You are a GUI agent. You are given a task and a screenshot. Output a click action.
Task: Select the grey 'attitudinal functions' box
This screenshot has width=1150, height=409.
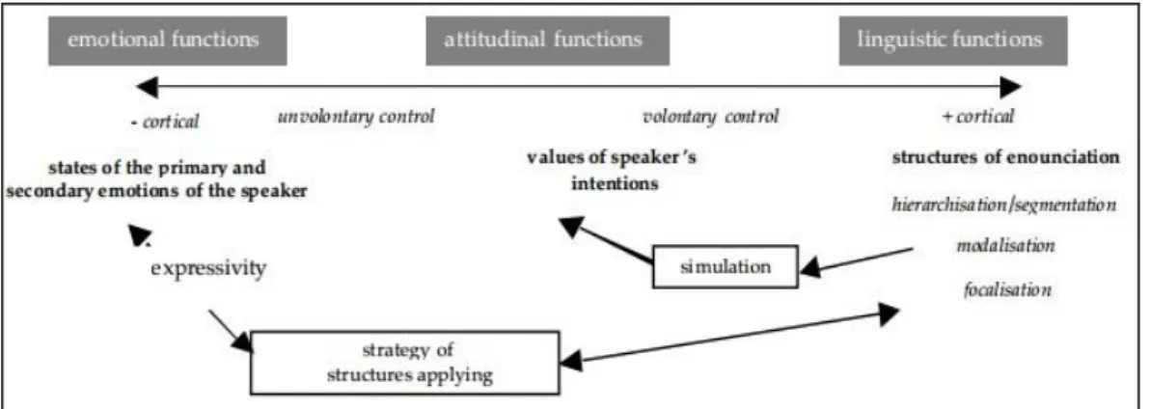click(x=547, y=41)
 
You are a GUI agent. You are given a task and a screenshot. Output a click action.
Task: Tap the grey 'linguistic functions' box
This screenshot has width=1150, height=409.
click(x=953, y=41)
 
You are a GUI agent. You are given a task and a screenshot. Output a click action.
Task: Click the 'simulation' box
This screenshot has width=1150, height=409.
click(x=726, y=267)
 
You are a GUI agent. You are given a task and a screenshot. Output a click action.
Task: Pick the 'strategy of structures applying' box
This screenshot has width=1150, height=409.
click(x=405, y=362)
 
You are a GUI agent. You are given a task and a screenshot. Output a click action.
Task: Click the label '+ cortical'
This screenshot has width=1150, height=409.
click(x=977, y=116)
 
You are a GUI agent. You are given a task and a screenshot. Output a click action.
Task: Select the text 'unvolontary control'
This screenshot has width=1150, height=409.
click(x=356, y=116)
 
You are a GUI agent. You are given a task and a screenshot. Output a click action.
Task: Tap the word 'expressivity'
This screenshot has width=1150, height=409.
click(x=208, y=268)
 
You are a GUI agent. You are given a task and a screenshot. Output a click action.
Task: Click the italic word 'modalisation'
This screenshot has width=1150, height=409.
click(x=1005, y=246)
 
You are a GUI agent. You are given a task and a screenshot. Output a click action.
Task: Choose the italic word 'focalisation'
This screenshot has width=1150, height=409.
click(x=1008, y=290)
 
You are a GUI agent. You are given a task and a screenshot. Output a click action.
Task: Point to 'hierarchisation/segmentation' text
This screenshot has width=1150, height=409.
click(x=1004, y=204)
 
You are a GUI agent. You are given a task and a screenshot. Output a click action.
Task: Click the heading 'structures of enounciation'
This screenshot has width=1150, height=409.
click(x=1005, y=157)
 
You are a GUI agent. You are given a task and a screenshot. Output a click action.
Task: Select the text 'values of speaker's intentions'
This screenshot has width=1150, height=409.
click(x=611, y=170)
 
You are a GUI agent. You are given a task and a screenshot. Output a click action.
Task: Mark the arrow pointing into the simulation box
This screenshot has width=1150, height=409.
click(x=856, y=261)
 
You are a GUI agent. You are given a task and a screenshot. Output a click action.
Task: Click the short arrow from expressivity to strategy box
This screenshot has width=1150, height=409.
click(x=231, y=331)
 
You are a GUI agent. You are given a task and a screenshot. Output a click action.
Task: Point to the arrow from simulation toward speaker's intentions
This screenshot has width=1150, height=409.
click(x=605, y=240)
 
